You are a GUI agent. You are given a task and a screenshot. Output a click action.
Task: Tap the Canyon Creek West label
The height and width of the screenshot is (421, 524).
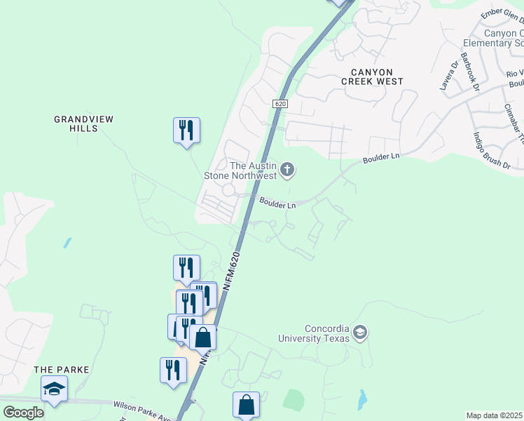[372, 76]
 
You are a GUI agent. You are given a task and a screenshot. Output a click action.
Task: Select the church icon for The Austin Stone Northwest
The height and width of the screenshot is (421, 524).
[287, 169]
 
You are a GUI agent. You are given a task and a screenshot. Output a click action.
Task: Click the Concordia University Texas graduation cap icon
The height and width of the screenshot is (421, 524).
[360, 333]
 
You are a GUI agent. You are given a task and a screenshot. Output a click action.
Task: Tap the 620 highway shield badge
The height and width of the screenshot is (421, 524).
[280, 103]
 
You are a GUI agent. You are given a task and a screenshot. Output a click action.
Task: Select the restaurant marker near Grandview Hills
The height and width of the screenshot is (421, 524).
[186, 131]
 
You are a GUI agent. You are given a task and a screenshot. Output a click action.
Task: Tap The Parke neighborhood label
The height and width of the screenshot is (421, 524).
[54, 369]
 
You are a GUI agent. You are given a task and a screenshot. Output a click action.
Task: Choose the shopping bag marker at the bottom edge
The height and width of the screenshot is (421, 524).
[246, 405]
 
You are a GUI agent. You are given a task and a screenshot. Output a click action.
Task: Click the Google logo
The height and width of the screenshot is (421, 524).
[23, 413]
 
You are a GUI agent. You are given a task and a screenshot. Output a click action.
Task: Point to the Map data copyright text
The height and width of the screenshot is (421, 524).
[495, 415]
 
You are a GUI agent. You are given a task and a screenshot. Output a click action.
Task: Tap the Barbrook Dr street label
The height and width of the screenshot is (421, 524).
[470, 72]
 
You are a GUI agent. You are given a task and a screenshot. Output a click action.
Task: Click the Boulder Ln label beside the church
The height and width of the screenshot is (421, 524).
[277, 205]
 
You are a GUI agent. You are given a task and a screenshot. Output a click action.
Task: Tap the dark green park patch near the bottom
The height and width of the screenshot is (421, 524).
[294, 399]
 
